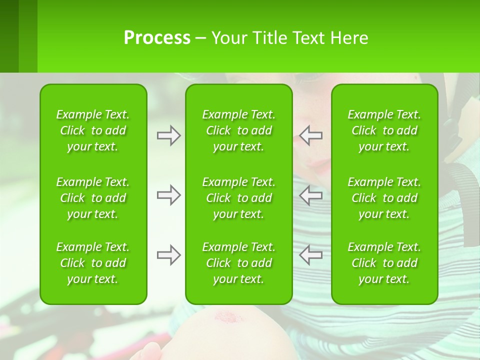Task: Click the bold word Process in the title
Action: point(157,38)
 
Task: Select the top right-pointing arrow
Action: point(168,135)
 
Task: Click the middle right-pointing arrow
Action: point(168,195)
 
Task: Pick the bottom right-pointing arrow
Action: point(168,255)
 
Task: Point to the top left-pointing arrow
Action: point(311,135)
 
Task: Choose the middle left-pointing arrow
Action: point(311,195)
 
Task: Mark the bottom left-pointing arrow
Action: point(311,255)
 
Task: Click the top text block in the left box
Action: point(93,130)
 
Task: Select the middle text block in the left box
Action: point(93,198)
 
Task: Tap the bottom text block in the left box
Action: point(93,263)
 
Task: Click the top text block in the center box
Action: point(238,130)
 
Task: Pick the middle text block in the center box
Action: point(238,198)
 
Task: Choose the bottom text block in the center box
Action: point(238,263)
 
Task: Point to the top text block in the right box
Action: point(384,130)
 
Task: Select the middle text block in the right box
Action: point(384,198)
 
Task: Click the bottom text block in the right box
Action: point(384,263)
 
